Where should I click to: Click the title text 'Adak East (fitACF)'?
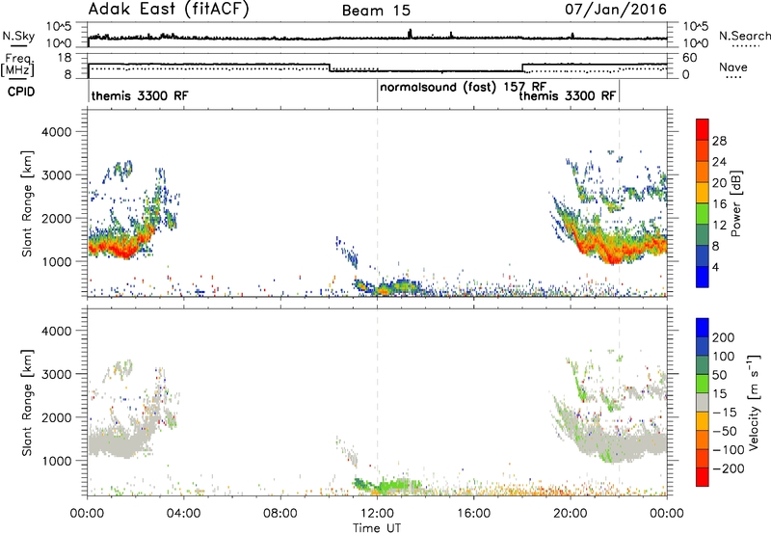[x=169, y=10]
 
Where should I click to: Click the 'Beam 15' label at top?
[x=376, y=11]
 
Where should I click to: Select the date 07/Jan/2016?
[x=616, y=10]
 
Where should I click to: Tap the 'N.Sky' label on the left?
[x=18, y=36]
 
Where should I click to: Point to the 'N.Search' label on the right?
[x=744, y=36]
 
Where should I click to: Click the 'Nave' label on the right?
[x=733, y=67]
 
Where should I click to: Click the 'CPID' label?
[x=21, y=92]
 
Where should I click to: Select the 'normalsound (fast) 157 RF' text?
[x=464, y=88]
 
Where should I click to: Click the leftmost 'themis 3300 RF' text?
[x=140, y=95]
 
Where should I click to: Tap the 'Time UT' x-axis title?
[x=377, y=528]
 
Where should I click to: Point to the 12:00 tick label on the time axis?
[x=377, y=514]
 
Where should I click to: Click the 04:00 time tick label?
[x=183, y=514]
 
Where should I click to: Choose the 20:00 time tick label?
[x=571, y=514]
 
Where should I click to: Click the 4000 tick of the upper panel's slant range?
[x=57, y=132]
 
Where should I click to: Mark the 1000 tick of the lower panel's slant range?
[x=57, y=461]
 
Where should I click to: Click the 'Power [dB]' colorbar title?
[x=735, y=203]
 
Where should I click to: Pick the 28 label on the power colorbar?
[x=719, y=141]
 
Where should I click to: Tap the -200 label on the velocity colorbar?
[x=725, y=468]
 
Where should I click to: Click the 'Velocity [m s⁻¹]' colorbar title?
[x=753, y=402]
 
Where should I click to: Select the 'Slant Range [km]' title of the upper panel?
[x=27, y=203]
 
